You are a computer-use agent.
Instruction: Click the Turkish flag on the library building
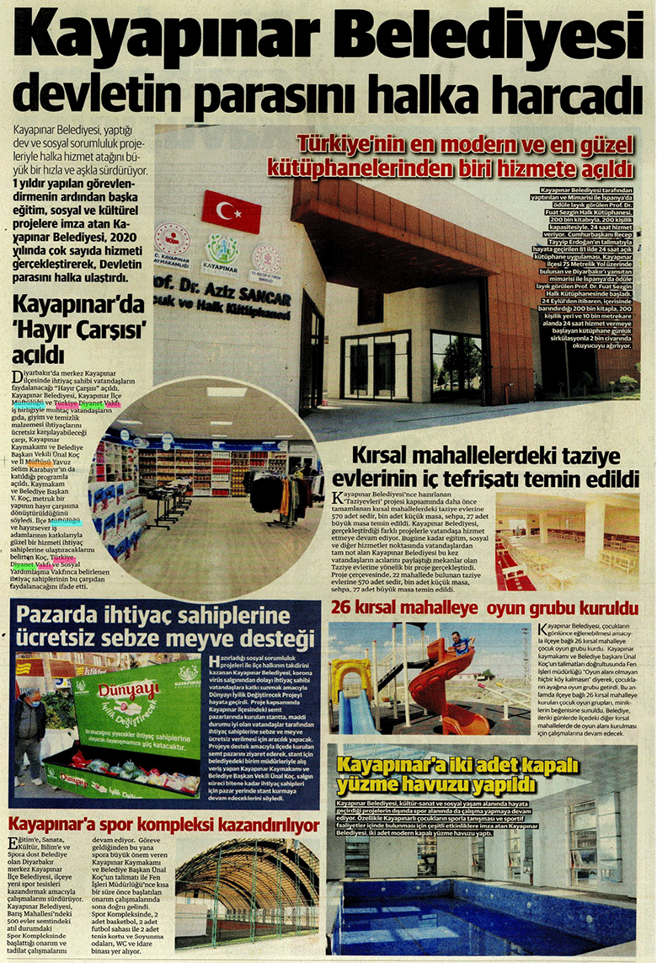231,211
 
